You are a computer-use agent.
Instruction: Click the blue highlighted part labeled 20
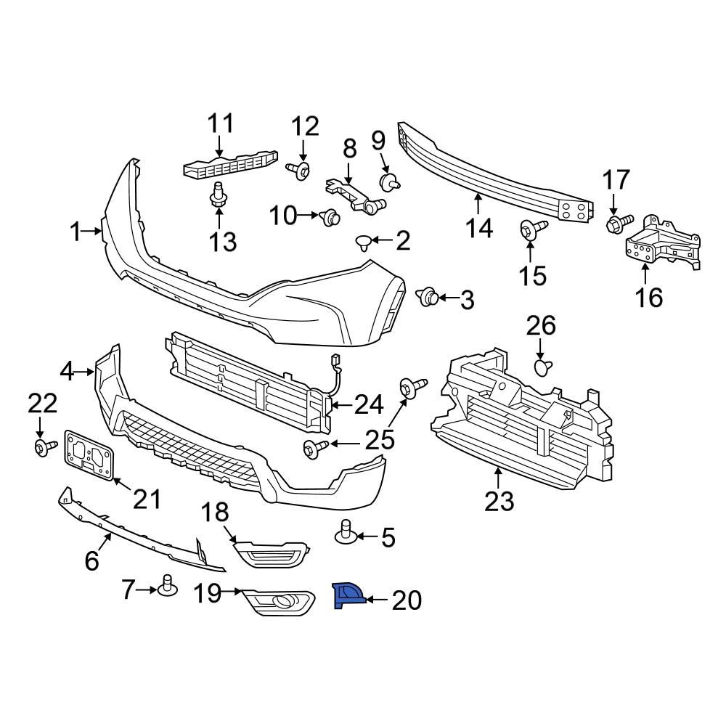346,595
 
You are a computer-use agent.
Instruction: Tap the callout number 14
479,228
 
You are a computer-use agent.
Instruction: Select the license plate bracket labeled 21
89,454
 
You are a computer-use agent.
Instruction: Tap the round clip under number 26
542,368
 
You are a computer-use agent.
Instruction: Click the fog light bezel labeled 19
278,603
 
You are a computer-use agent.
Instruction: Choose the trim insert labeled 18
272,554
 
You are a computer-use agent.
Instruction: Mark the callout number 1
76,232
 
